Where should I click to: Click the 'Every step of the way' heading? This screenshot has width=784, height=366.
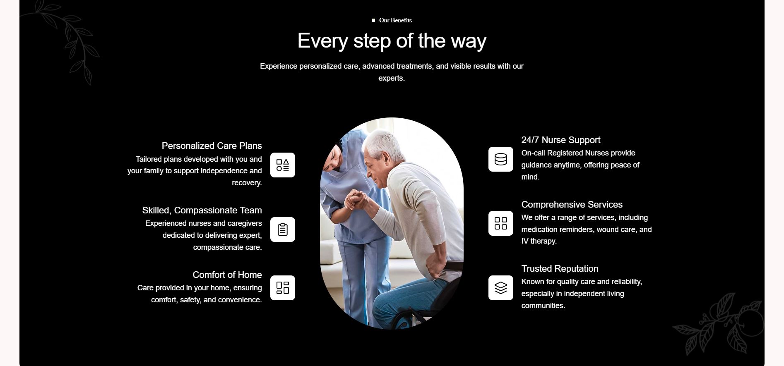[x=392, y=41]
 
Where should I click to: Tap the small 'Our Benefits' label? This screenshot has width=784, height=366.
[x=395, y=20]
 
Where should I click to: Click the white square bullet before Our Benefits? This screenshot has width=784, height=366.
[x=373, y=20]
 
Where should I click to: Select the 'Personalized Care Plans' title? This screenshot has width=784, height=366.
[x=212, y=146]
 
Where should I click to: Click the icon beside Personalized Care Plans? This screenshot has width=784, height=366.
[x=283, y=165]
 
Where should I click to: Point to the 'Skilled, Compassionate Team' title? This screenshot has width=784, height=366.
[x=202, y=210]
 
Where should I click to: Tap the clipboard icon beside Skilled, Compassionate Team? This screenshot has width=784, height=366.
[x=283, y=230]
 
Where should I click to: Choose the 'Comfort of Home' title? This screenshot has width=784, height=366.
[x=227, y=275]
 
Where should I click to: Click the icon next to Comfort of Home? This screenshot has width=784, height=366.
[x=283, y=288]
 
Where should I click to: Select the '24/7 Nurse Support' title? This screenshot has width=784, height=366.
[x=561, y=140]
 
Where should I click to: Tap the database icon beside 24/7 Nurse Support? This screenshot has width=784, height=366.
[x=501, y=159]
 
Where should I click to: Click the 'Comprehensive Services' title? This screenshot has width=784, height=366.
[x=572, y=204]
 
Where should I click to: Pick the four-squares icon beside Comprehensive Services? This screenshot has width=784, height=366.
[x=501, y=223]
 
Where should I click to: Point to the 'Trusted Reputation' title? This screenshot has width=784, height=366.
[x=560, y=268]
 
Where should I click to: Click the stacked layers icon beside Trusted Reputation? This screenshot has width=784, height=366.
[x=501, y=288]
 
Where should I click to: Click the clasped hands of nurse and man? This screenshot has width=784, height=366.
[x=356, y=200]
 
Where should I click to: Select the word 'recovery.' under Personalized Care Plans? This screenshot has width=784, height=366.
[x=247, y=183]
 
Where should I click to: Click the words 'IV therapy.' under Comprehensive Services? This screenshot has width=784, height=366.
[x=539, y=241]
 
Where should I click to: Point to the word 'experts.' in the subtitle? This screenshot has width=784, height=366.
[x=392, y=78]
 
